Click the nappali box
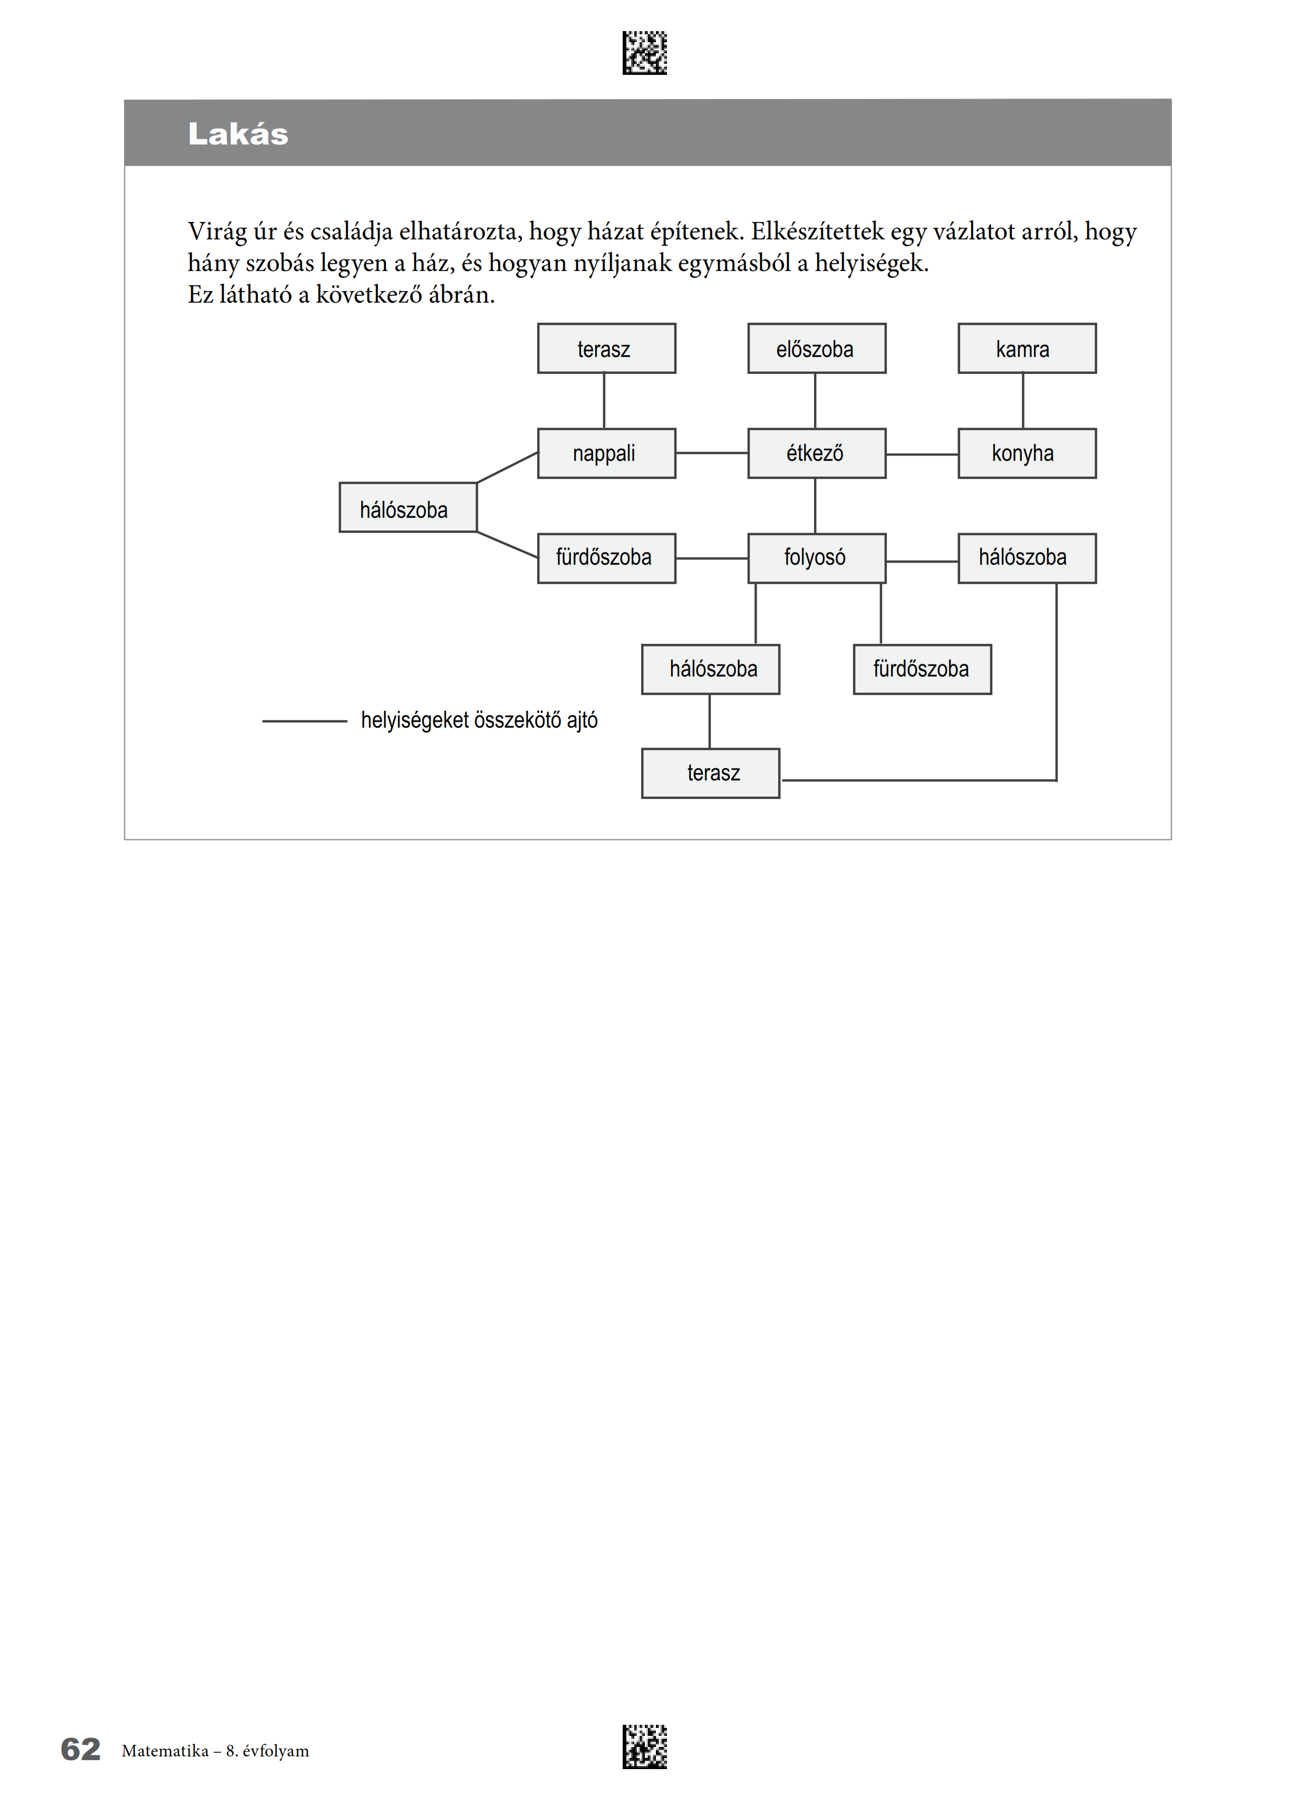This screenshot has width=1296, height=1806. [x=606, y=453]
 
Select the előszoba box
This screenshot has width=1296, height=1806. [x=817, y=348]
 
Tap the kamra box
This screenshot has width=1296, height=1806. [x=1027, y=348]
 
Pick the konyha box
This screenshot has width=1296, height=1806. [x=1027, y=453]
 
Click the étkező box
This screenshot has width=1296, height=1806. [x=817, y=453]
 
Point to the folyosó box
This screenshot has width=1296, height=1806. [x=817, y=558]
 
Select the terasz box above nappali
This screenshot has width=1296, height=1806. [x=606, y=348]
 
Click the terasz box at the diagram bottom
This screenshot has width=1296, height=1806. [x=711, y=773]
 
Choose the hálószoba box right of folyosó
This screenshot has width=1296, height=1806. [x=1027, y=558]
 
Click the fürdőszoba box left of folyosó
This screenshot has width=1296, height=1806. [x=606, y=558]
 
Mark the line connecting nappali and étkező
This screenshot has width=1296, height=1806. [x=712, y=453]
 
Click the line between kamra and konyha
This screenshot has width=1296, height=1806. [x=1023, y=401]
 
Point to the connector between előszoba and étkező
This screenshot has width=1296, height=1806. [x=815, y=401]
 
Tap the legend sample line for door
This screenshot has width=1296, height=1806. [x=305, y=721]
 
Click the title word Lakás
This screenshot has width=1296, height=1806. [x=238, y=134]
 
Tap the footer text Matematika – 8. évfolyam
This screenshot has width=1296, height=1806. [x=215, y=1751]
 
